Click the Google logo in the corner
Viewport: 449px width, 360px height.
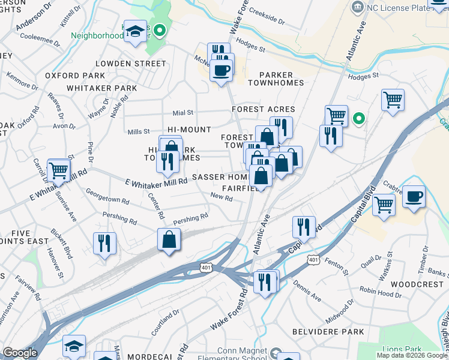[20, 353]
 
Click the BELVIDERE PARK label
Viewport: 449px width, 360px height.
[328, 332]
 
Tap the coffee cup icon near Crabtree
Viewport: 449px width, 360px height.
[412, 196]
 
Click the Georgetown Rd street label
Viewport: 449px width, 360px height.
[109, 194]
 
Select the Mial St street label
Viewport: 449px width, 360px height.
[182, 112]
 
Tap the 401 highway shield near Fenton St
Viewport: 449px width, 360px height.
[312, 259]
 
